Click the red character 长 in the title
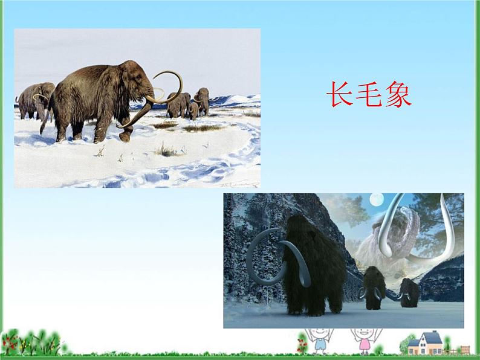pos(339,95)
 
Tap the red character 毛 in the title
pos(369,95)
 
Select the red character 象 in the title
pos(398,95)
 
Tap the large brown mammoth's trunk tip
pos(125,138)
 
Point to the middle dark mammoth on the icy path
pos(374,287)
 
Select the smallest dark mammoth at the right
pos(409,291)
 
